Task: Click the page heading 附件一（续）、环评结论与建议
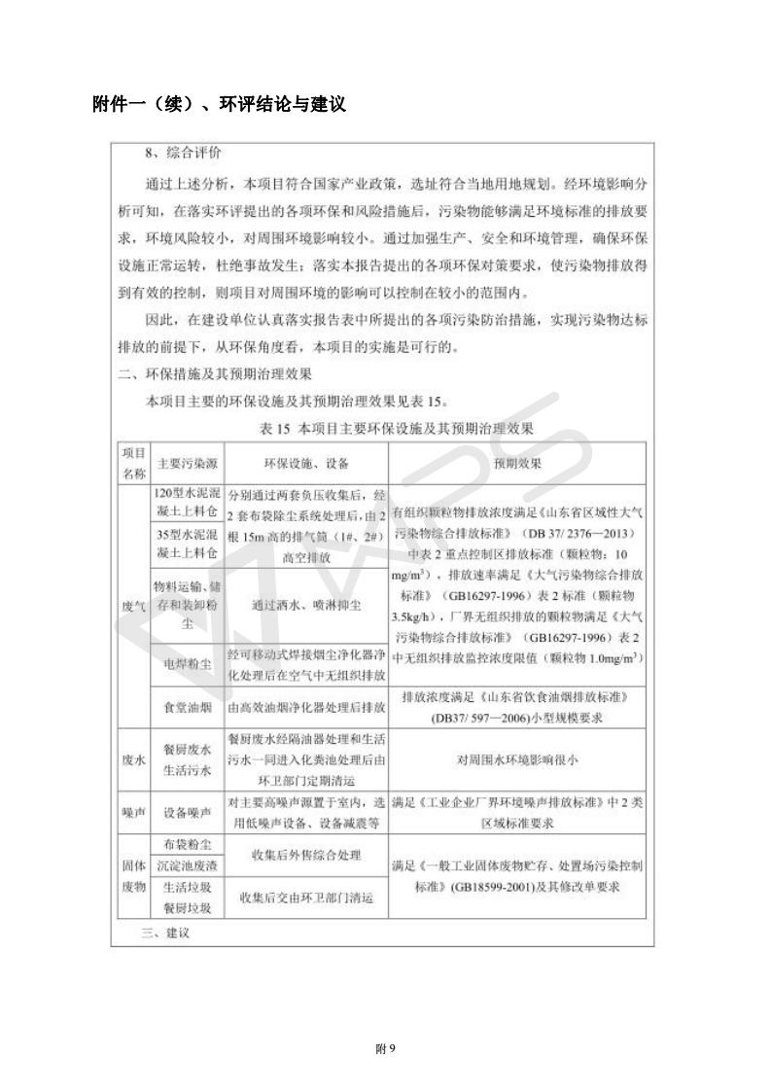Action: tap(219, 104)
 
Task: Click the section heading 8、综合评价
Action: tap(183, 154)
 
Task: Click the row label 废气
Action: tap(133, 605)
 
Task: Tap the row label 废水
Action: tap(133, 760)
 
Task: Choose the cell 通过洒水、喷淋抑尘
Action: tap(306, 605)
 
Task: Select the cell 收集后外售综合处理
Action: tap(306, 855)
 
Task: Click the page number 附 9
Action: tap(385, 1047)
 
